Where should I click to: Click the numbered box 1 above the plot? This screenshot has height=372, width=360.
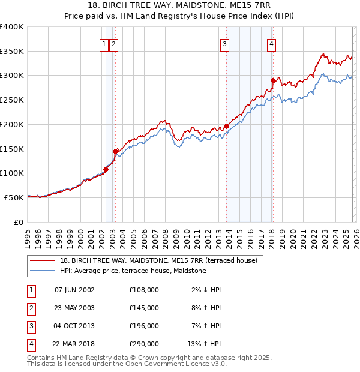click(x=104, y=43)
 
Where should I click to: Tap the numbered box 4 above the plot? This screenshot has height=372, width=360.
click(x=272, y=43)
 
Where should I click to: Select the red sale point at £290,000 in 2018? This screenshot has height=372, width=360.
click(x=273, y=80)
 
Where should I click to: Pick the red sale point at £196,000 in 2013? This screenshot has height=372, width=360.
click(x=226, y=127)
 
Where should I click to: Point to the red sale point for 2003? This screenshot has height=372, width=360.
click(x=115, y=151)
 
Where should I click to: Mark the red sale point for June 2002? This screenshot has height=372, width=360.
click(x=106, y=169)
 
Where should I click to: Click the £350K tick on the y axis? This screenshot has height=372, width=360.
click(x=12, y=52)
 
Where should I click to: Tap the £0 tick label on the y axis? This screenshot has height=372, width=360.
click(x=19, y=222)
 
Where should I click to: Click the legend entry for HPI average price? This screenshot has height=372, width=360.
click(x=133, y=271)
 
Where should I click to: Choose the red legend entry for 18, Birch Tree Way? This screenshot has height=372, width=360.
click(x=158, y=260)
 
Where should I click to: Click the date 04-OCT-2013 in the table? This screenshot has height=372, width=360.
click(x=74, y=326)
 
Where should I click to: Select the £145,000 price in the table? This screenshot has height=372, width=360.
click(x=143, y=308)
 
